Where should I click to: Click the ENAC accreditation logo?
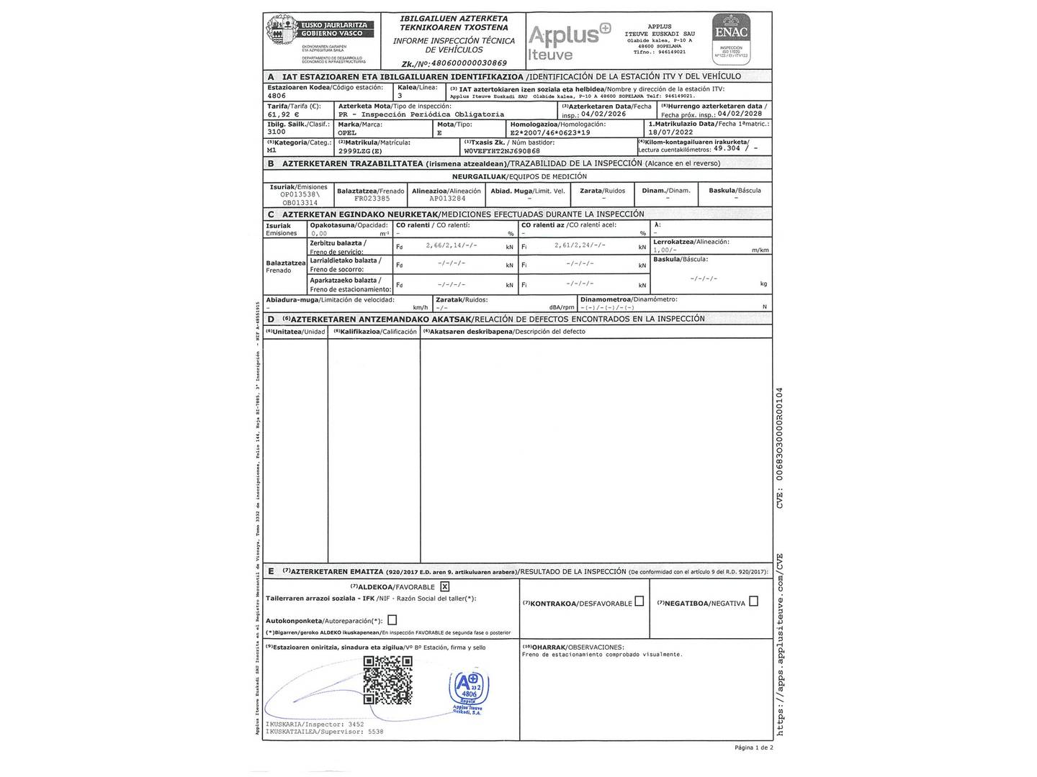point(731,35)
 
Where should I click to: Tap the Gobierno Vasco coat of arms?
point(279,30)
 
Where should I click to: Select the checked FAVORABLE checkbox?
point(444,586)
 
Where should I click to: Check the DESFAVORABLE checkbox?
point(639,602)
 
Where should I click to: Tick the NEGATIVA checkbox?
point(753,601)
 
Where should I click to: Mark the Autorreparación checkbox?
point(392,619)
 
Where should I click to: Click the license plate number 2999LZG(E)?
point(360,151)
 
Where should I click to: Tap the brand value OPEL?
point(347,132)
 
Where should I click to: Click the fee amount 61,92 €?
point(283,114)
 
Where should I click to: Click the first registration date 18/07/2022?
point(670,132)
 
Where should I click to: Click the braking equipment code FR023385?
point(372,199)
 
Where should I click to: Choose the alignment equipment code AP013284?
point(447,199)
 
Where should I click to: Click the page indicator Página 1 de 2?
point(753,748)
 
